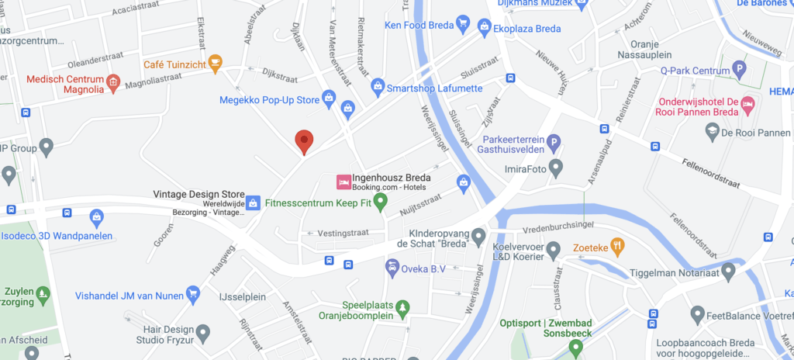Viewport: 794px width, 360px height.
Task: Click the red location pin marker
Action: pyautogui.click(x=305, y=141)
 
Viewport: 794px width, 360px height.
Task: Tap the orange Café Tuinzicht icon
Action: pyautogui.click(x=216, y=63)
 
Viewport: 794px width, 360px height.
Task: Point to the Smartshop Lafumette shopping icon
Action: pyautogui.click(x=378, y=85)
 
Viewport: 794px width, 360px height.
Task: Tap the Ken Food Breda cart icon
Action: pyautogui.click(x=463, y=23)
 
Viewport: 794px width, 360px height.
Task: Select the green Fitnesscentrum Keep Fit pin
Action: pyautogui.click(x=380, y=202)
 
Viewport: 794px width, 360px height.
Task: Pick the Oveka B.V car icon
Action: pyautogui.click(x=393, y=268)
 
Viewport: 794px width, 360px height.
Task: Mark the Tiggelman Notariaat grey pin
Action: pyautogui.click(x=728, y=270)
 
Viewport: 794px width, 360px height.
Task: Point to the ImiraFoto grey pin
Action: pyautogui.click(x=555, y=167)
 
